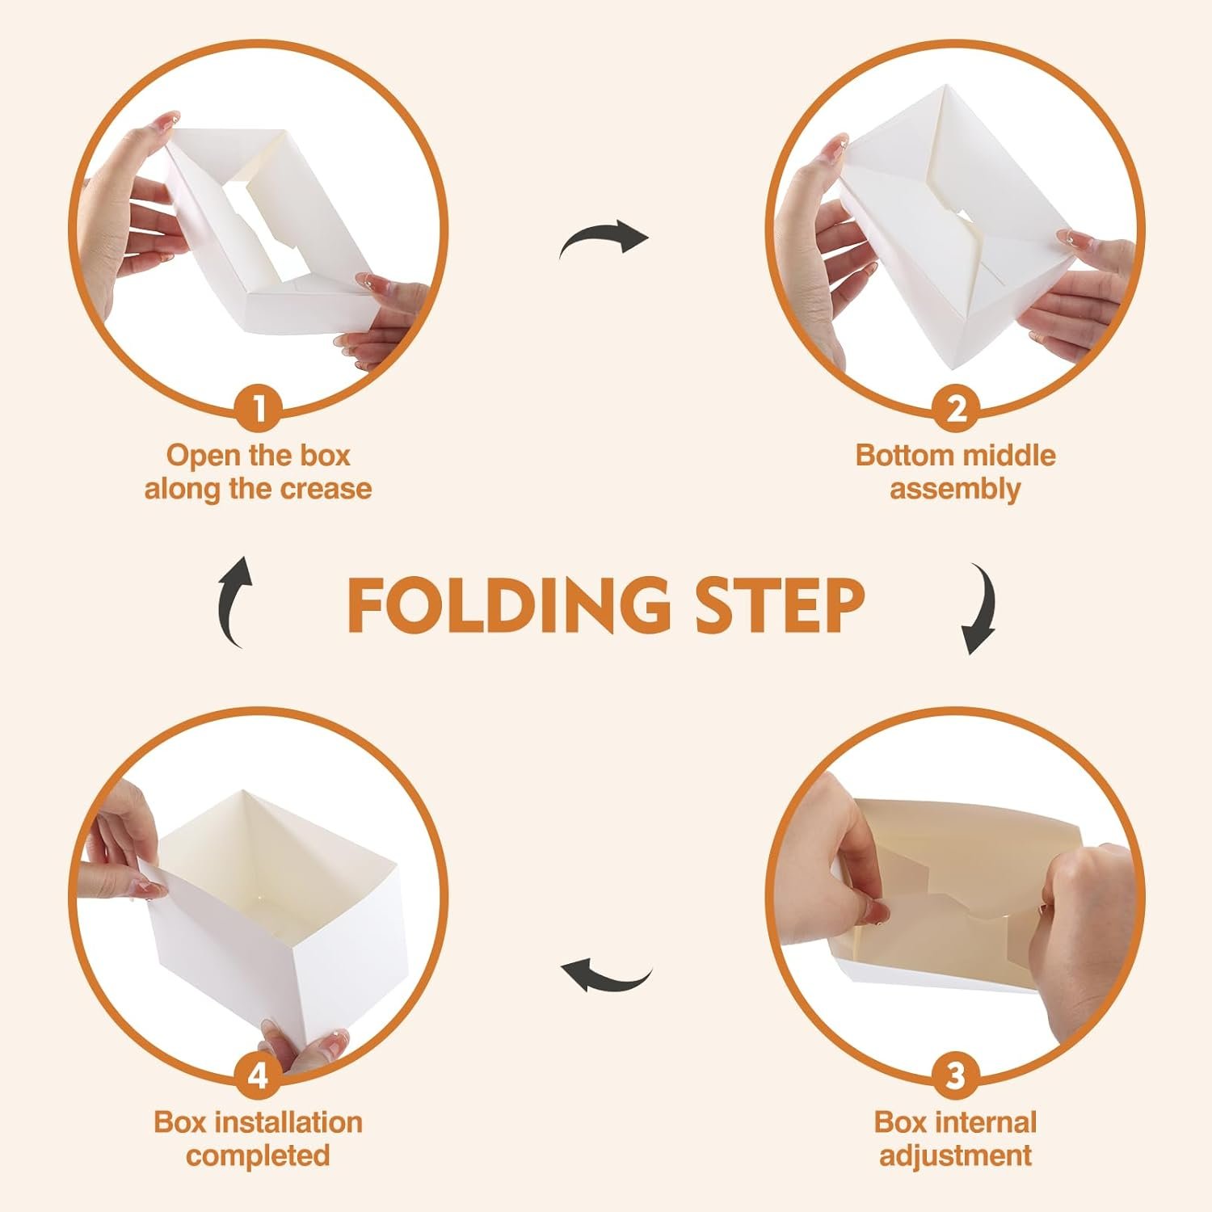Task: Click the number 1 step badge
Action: [259, 410]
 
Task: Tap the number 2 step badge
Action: [955, 410]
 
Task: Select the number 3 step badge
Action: [955, 1076]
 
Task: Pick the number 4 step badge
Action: [259, 1076]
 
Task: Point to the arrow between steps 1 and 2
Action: [604, 238]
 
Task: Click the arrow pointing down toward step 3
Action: [980, 610]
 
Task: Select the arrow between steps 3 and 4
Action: [606, 974]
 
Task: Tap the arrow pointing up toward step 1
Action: [235, 602]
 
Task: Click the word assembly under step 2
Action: [955, 490]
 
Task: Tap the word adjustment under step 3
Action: [955, 1156]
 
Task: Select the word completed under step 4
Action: [259, 1156]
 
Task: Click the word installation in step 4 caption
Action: [293, 1122]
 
